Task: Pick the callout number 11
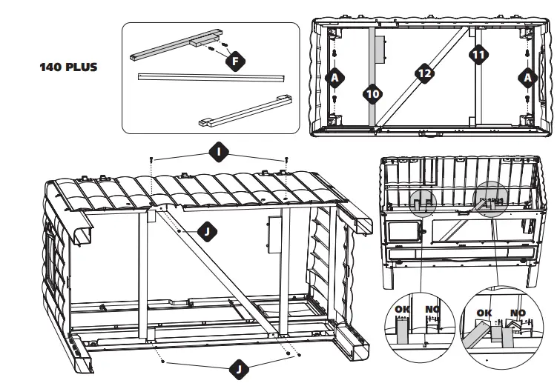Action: click(x=478, y=53)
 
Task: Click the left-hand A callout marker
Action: click(x=335, y=77)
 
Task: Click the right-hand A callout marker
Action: click(x=527, y=77)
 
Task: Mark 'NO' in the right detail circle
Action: click(x=517, y=313)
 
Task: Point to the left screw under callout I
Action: click(x=151, y=161)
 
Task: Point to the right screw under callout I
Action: click(x=286, y=161)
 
